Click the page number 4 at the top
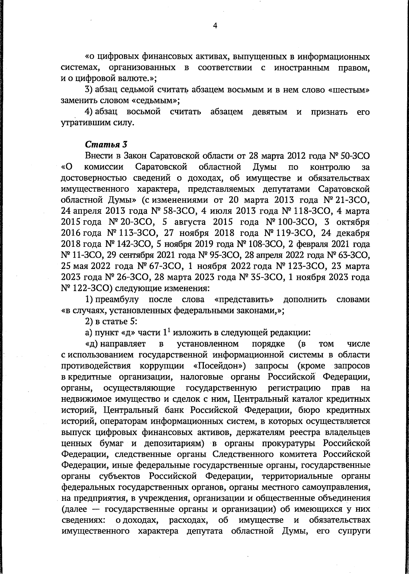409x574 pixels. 215,26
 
